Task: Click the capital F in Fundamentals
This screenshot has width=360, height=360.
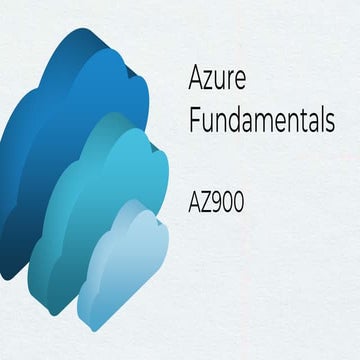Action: pos(194,121)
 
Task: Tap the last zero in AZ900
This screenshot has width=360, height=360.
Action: pos(240,201)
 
